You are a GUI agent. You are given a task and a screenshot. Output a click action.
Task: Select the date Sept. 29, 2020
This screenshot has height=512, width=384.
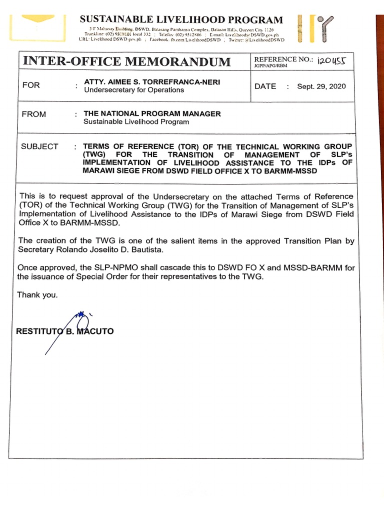click(x=321, y=86)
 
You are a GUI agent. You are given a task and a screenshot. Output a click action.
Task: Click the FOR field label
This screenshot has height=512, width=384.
click(x=31, y=85)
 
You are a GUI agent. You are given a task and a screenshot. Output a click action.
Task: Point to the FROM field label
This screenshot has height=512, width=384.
click(x=34, y=114)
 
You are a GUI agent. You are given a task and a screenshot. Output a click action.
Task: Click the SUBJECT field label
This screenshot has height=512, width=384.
click(x=39, y=146)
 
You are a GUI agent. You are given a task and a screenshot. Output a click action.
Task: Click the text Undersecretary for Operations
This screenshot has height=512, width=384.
click(x=133, y=90)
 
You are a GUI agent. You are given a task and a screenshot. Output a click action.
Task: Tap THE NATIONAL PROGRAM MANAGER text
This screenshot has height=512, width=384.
click(x=152, y=113)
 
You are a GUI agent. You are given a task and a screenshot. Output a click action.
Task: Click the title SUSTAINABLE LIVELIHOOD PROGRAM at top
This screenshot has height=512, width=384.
click(x=181, y=20)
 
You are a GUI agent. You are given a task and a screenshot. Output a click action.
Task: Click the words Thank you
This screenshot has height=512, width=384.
click(x=37, y=295)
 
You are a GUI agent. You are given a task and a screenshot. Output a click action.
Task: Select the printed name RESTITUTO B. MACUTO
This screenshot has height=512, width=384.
click(x=65, y=331)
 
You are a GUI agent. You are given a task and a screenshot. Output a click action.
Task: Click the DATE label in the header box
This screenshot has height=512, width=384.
click(x=265, y=86)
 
